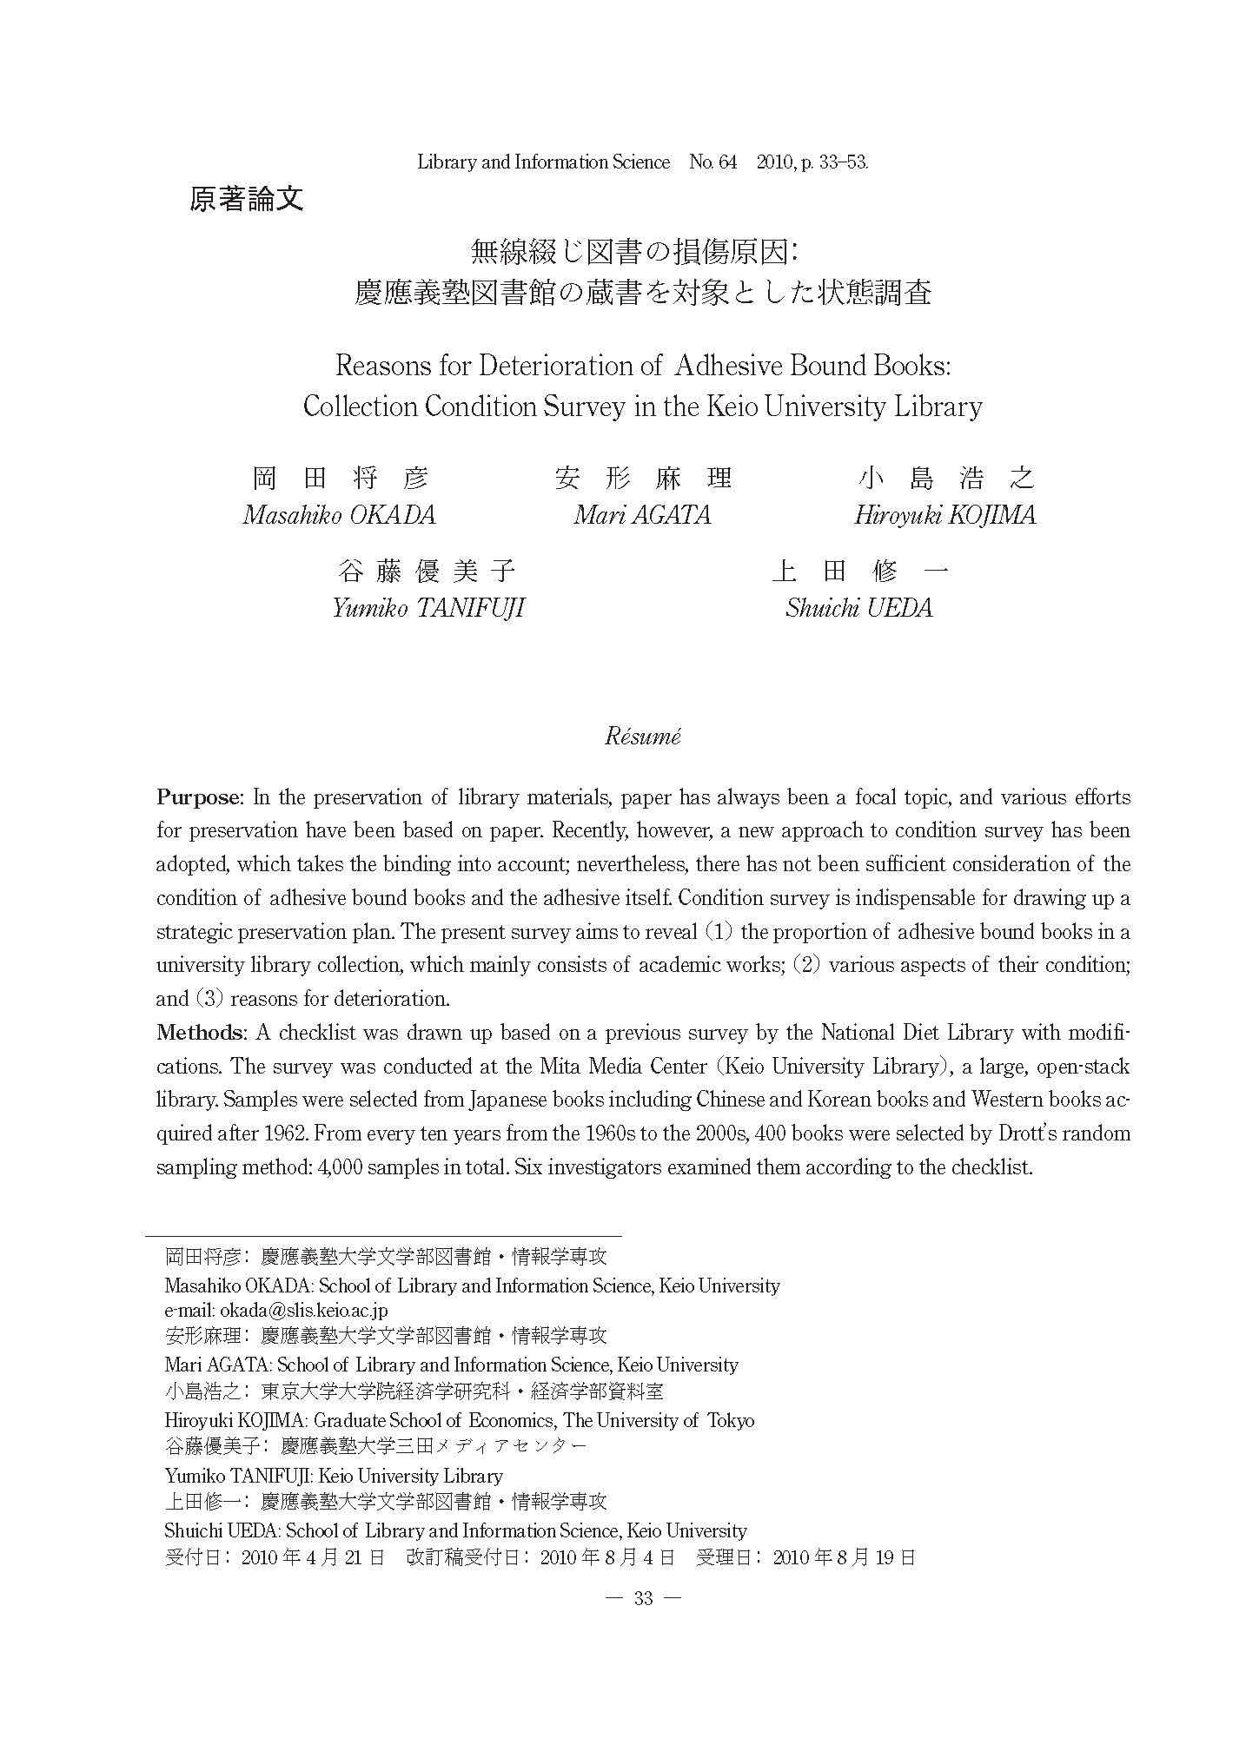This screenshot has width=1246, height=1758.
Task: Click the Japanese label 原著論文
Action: coord(246,200)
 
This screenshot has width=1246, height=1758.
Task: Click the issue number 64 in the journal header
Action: coord(727,162)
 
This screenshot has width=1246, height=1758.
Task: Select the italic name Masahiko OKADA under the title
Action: coord(339,515)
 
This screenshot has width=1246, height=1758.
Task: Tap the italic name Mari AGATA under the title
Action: coord(642,515)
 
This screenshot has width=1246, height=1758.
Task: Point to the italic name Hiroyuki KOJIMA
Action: coord(944,515)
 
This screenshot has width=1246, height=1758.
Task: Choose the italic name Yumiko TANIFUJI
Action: coord(428,607)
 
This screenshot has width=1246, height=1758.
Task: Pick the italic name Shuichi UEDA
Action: coord(858,607)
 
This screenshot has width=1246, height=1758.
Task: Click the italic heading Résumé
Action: coord(643,737)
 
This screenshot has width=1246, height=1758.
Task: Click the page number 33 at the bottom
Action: coord(644,1599)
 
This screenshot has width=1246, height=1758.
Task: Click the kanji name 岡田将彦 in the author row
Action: coord(340,478)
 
